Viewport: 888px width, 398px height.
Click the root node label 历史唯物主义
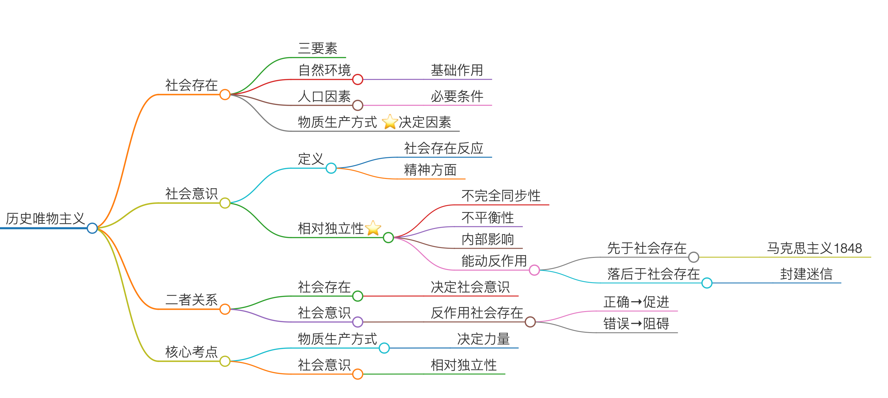click(45, 218)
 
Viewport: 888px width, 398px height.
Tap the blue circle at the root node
click(92, 228)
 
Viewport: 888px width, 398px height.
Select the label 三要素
click(317, 48)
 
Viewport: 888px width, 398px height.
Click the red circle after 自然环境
click(357, 79)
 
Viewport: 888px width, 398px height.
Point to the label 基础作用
click(457, 70)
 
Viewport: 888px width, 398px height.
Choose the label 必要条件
click(457, 96)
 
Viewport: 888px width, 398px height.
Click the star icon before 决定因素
click(390, 122)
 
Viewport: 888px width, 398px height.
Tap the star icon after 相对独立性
click(373, 228)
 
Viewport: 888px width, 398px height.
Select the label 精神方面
click(430, 170)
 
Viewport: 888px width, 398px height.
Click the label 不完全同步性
click(501, 196)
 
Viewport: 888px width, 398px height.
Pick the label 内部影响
click(488, 239)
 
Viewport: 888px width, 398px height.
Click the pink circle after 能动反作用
click(534, 270)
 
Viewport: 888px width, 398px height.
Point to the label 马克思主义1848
click(814, 248)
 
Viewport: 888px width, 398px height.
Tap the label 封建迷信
click(806, 274)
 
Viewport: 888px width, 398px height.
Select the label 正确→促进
click(636, 302)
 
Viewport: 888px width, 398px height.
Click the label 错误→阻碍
click(636, 324)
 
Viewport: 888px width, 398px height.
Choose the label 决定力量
click(483, 339)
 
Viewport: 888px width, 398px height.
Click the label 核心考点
click(191, 352)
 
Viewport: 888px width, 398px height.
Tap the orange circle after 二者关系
click(225, 309)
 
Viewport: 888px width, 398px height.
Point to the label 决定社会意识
click(470, 287)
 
